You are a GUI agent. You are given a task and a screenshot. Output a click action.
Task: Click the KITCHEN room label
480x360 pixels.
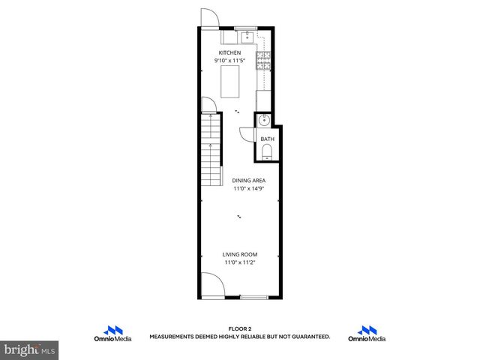[x=229, y=52]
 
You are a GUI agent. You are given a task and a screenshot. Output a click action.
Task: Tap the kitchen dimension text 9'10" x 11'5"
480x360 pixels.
[x=229, y=60]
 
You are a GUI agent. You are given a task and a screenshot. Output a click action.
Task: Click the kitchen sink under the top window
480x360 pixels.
[x=246, y=35]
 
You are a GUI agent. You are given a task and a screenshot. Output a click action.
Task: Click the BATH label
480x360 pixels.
[x=267, y=139]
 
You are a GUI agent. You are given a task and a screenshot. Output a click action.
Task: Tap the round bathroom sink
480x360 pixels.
[x=264, y=121]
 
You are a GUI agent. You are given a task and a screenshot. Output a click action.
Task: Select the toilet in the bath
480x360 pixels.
[x=267, y=154]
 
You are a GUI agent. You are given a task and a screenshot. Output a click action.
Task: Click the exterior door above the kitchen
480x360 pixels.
[x=208, y=18]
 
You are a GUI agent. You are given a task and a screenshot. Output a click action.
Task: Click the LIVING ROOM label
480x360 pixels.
[x=240, y=255]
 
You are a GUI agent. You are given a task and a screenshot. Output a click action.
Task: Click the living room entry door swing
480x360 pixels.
[x=212, y=285]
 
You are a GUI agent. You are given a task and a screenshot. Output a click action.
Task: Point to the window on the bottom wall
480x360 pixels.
[x=254, y=297]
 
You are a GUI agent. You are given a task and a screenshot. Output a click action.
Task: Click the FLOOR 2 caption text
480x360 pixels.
[x=239, y=329]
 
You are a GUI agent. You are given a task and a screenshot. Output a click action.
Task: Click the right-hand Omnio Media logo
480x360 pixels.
[x=367, y=334]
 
